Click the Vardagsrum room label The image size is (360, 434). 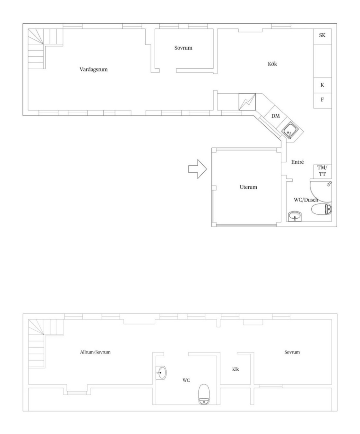(x=93, y=69)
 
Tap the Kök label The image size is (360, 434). (x=272, y=64)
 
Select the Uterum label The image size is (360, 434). (x=248, y=187)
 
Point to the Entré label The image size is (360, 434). (x=297, y=162)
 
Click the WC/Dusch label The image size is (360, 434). (x=306, y=200)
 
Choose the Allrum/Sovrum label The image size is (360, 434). (x=95, y=352)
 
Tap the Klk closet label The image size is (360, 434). (x=236, y=369)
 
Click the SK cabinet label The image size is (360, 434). (x=322, y=35)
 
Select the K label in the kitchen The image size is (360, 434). (x=322, y=85)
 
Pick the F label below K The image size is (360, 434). (x=322, y=100)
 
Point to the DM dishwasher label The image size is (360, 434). (x=275, y=116)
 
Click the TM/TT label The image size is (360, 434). (x=322, y=171)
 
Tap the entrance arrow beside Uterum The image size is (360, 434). (x=197, y=169)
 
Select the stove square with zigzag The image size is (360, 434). (x=247, y=102)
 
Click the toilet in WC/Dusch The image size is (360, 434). (x=321, y=209)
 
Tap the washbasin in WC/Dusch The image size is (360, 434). (x=295, y=216)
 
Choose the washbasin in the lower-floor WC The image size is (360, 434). (x=161, y=373)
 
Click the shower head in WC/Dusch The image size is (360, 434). (x=329, y=184)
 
